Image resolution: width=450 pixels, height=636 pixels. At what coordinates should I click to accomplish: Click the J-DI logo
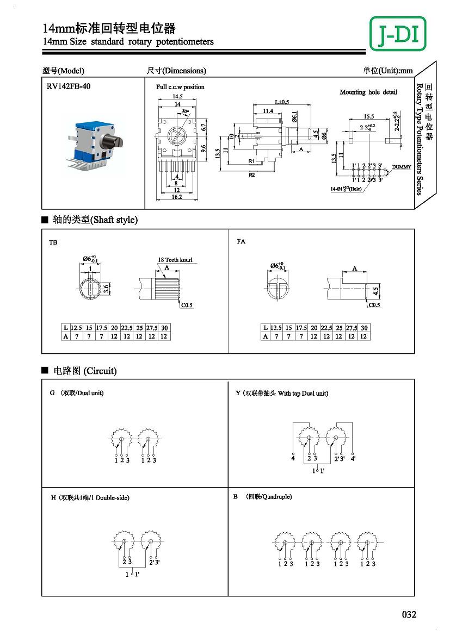point(398,34)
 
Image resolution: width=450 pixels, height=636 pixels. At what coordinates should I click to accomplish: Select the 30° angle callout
point(186,111)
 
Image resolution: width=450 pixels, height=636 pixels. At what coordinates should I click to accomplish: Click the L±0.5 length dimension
point(282,102)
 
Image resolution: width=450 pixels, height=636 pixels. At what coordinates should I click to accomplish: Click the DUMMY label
point(402,167)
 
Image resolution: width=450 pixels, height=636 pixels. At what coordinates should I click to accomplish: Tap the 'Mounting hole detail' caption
point(368,92)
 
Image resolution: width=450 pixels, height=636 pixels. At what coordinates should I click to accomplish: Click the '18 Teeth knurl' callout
point(175,260)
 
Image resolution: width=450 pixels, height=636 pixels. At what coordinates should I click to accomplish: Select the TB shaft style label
point(53,242)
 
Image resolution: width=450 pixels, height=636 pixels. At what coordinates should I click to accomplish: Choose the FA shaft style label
point(241,241)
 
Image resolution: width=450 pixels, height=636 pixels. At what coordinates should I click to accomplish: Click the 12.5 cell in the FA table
point(276,328)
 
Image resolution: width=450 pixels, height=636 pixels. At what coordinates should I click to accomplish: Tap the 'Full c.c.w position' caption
point(180,87)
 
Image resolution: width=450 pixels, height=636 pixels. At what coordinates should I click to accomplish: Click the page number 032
point(409,614)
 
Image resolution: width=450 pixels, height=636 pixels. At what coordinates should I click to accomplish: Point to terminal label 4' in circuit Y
point(353,459)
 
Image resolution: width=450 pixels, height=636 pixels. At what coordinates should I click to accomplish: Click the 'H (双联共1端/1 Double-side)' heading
point(90,497)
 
